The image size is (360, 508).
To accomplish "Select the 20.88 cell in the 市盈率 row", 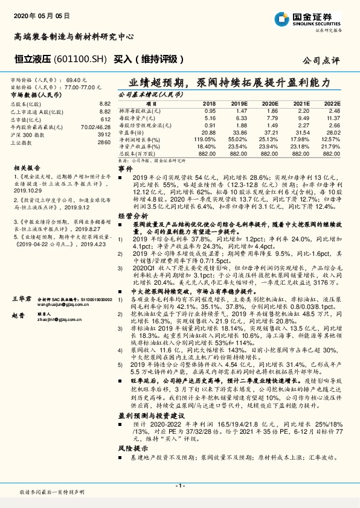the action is click(x=208, y=132).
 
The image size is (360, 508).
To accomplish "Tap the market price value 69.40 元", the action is click(x=77, y=80).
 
